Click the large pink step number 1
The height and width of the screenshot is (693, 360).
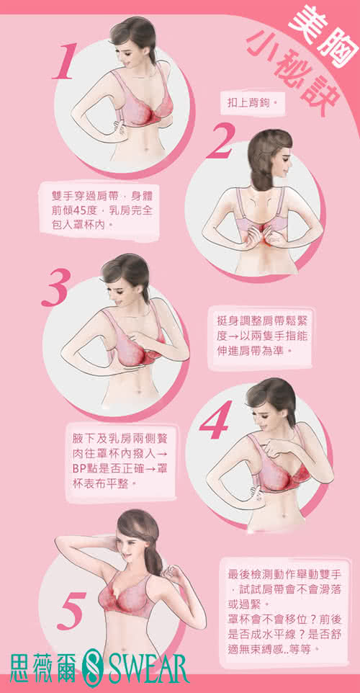(x=65, y=61)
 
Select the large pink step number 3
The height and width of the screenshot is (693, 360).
(x=56, y=287)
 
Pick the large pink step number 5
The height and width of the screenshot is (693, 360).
(x=71, y=610)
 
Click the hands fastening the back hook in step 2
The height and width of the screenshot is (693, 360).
(x=264, y=233)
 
